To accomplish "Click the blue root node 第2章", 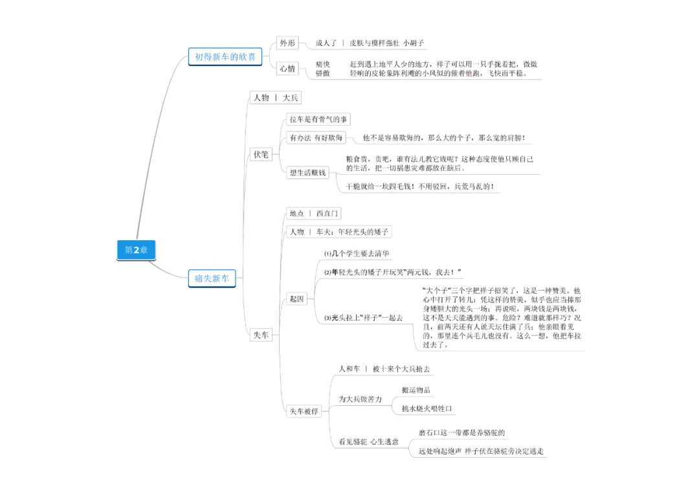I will [x=136, y=250].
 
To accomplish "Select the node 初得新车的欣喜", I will [x=225, y=57].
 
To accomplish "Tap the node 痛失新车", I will [x=212, y=279].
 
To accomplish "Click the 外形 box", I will [x=287, y=43].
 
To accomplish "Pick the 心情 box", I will [x=288, y=68].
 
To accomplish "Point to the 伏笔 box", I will [x=261, y=155].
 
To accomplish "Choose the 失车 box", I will [x=261, y=335].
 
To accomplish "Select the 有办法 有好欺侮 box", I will [x=316, y=137].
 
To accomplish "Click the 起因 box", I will [x=297, y=299].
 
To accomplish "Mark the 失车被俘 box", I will [x=304, y=411].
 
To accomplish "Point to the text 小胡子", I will [x=415, y=43].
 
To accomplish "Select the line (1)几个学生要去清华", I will [x=357, y=254].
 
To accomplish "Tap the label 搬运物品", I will [x=416, y=390].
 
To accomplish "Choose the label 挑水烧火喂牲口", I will [x=427, y=408].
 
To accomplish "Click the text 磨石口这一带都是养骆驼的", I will [x=461, y=432].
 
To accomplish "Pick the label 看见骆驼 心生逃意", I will [x=369, y=442].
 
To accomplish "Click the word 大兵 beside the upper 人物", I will [x=291, y=98].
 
